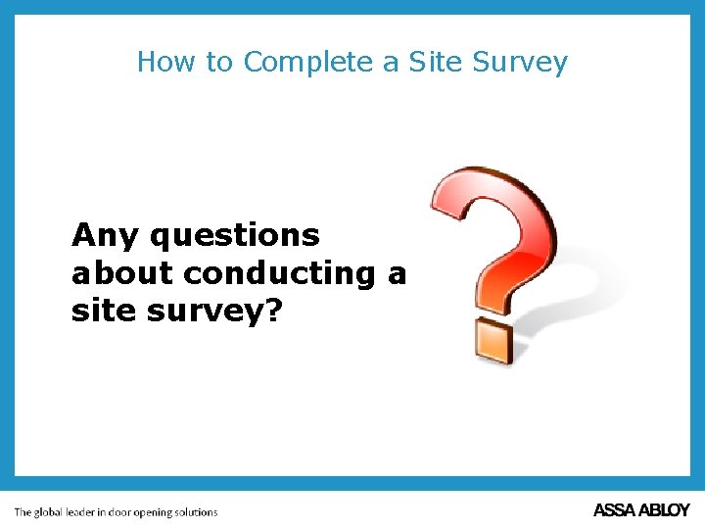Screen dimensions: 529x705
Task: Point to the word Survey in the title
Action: coord(520,63)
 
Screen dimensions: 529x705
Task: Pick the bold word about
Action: coord(123,273)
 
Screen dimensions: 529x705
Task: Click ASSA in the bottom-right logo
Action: coord(616,510)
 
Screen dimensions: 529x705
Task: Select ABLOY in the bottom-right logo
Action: coord(666,510)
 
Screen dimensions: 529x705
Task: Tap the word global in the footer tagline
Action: coord(56,512)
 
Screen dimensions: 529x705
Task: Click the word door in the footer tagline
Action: coord(135,511)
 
